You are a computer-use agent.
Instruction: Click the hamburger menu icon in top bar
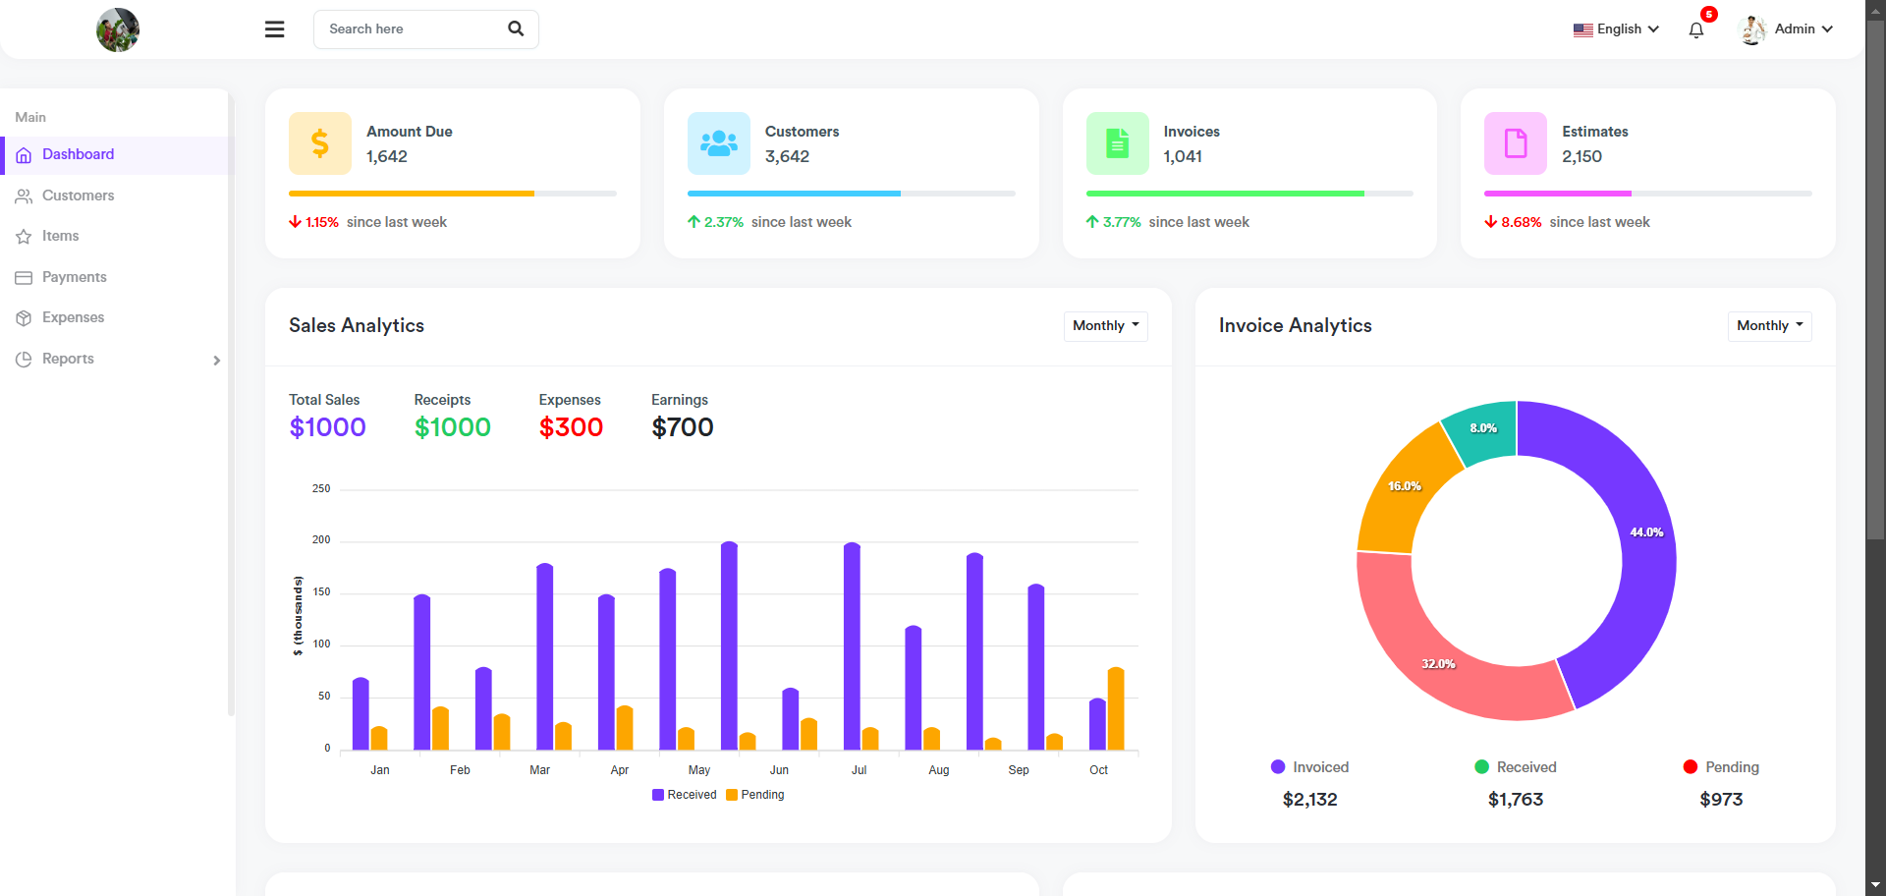275,29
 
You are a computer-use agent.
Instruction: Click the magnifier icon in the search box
516,29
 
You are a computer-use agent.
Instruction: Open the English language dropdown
1616,29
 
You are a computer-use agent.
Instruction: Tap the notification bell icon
1696,30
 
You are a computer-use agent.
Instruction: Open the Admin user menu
1786,29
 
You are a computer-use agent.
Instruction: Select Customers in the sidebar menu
78,196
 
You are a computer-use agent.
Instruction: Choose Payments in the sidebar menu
74,277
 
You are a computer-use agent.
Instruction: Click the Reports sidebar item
68,359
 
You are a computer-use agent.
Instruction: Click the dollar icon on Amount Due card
320,143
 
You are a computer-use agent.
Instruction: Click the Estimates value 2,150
1581,156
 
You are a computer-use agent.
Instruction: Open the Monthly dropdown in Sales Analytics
1105,326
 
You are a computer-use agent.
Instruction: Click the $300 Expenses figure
571,427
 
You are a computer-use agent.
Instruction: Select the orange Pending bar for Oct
1116,709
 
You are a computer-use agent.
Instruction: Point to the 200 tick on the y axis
321,540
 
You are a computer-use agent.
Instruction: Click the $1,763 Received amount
1516,800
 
